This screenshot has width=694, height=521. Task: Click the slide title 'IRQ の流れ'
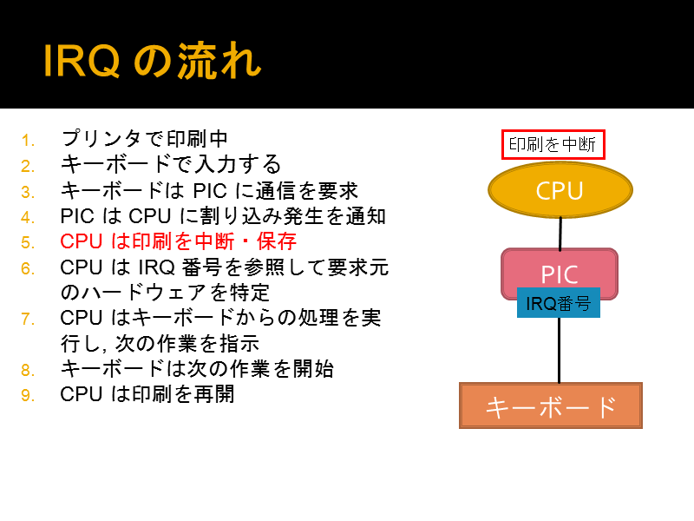tap(153, 61)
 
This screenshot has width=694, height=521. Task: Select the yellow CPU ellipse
tap(560, 190)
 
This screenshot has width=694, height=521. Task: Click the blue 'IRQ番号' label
tap(559, 303)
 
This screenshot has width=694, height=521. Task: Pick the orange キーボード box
tap(551, 406)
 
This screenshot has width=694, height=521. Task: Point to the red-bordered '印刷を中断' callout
tap(553, 144)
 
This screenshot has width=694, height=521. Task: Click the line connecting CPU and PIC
tap(560, 234)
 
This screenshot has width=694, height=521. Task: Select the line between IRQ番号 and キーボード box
tap(559, 350)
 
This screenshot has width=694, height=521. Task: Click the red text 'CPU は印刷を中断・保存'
tap(178, 241)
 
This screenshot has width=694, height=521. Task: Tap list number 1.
tap(28, 141)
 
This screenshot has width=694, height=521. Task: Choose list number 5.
tap(28, 243)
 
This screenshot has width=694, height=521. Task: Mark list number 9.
tap(28, 395)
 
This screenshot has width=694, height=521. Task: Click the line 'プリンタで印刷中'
tap(144, 139)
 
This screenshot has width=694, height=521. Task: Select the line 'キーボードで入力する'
tap(171, 164)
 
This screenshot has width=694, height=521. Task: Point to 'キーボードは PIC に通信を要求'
tap(209, 190)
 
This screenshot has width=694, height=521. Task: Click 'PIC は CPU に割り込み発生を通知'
tap(223, 216)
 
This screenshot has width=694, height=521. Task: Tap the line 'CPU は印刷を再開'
tap(147, 394)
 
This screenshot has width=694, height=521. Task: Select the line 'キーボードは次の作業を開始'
tap(197, 368)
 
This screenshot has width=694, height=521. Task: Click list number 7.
tap(28, 319)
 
